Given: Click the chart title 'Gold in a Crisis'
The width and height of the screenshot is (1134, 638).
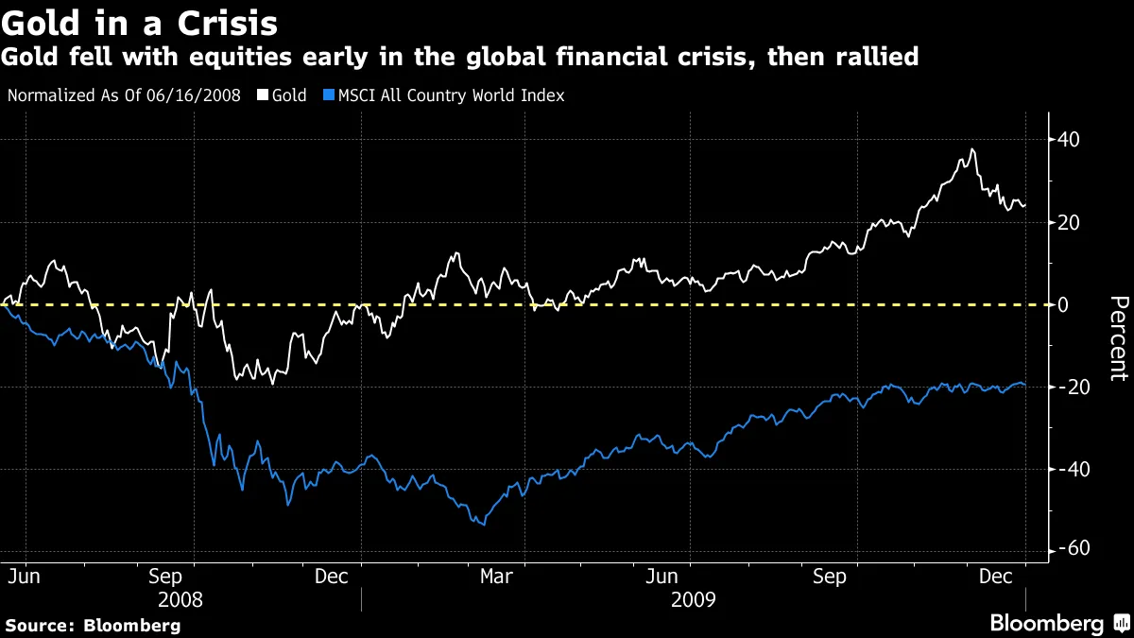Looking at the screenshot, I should (x=139, y=21).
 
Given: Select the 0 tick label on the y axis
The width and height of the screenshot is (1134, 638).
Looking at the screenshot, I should (x=1064, y=304).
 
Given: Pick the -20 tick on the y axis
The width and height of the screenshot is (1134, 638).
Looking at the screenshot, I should (x=1072, y=388).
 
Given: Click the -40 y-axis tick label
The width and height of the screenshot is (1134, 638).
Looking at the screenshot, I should (x=1072, y=470).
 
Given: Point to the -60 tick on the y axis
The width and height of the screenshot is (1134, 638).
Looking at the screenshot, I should (x=1072, y=549).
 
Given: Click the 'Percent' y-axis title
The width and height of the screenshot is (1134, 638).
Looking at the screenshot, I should (x=1118, y=338).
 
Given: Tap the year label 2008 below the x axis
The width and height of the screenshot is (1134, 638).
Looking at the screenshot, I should (x=180, y=599).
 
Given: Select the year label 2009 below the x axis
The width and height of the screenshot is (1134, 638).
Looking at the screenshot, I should (x=693, y=599).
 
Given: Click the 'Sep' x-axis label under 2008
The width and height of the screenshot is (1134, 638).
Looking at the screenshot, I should (x=166, y=576).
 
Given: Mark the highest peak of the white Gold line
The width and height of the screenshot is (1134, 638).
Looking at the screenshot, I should (x=971, y=149).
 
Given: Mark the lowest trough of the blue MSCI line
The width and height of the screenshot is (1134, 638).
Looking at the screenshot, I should (x=485, y=525).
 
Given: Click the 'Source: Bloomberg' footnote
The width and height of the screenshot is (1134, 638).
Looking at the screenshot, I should (x=93, y=625).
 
